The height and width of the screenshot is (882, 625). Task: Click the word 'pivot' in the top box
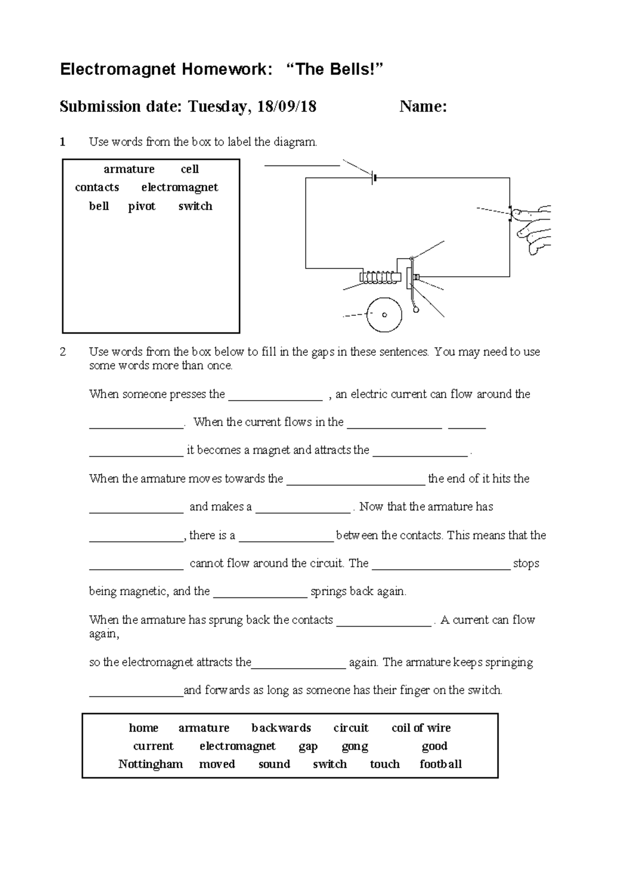(x=142, y=206)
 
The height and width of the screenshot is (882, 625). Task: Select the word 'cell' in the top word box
(x=190, y=169)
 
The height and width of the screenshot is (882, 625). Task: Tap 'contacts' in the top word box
(x=97, y=187)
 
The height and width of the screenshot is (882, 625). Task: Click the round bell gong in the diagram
(x=384, y=315)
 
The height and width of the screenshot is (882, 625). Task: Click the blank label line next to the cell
(x=302, y=164)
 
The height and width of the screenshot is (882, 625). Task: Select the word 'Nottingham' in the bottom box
(x=151, y=764)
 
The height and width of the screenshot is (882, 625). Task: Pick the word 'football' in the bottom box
(x=441, y=764)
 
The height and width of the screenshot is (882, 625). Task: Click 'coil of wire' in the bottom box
(x=421, y=728)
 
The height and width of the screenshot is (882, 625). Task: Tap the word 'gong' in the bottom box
(x=355, y=746)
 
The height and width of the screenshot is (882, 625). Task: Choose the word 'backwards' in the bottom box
(x=281, y=728)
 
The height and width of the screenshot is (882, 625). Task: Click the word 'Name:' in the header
(x=423, y=107)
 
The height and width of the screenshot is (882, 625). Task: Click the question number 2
(x=63, y=352)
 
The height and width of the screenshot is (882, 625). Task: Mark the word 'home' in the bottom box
(x=144, y=728)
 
